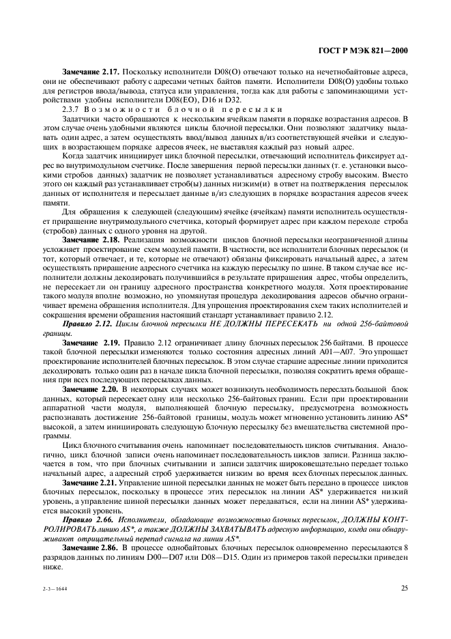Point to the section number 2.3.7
click(x=70, y=109)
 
